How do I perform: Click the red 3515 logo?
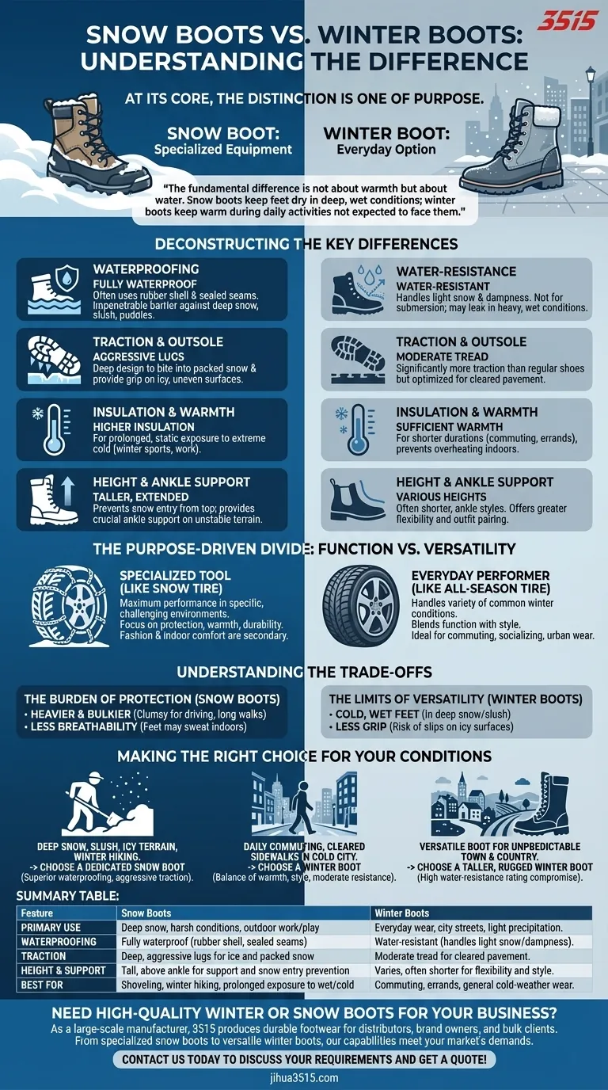pyautogui.click(x=566, y=21)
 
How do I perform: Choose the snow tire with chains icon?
pyautogui.click(x=66, y=606)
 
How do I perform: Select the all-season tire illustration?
pyautogui.click(x=367, y=606)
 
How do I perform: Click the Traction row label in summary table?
pyautogui.click(x=44, y=956)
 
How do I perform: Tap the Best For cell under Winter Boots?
pyautogui.click(x=472, y=985)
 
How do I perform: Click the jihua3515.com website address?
pyautogui.click(x=304, y=1077)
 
